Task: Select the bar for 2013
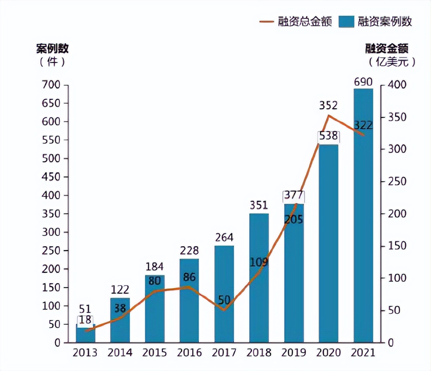86,334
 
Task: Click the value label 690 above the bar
363,82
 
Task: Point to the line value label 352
328,106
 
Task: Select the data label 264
224,238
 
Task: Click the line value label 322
363,125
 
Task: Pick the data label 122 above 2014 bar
120,290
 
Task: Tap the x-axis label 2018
259,353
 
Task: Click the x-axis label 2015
155,353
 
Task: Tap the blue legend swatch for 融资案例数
346,22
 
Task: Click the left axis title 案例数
52,49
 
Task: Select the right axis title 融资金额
386,49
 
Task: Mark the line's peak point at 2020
328,116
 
